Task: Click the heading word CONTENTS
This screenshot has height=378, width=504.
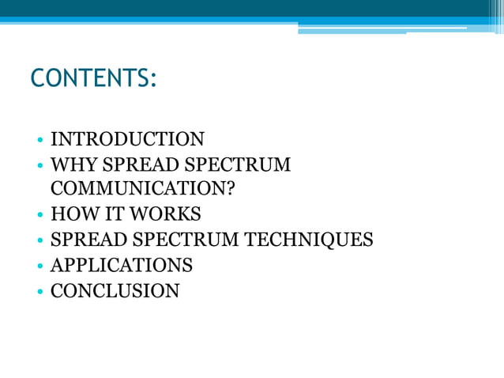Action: point(92,80)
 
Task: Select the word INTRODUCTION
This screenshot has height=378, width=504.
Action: point(127,140)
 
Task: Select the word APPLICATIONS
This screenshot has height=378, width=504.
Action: point(122,265)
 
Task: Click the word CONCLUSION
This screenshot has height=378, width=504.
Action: point(115,290)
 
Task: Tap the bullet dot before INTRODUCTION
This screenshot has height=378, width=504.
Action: point(39,141)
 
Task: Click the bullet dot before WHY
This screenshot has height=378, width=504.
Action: point(39,166)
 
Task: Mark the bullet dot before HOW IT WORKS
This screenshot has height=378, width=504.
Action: point(39,215)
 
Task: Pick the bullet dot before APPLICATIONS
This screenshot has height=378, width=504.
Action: point(39,266)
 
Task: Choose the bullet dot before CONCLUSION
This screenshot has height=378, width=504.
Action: point(39,291)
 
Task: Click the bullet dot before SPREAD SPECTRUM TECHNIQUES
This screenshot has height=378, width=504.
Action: point(39,240)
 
